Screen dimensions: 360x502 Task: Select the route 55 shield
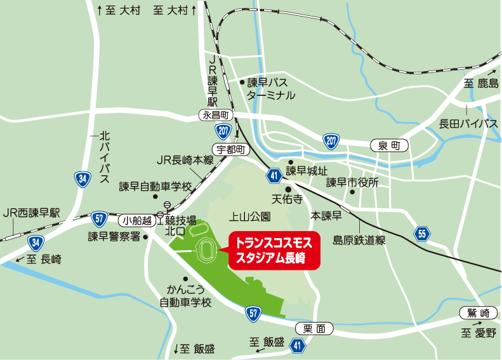(423, 234)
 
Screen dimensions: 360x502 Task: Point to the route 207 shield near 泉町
(331, 140)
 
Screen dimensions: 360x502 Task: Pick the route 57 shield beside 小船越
(98, 219)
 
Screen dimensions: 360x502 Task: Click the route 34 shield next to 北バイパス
(81, 178)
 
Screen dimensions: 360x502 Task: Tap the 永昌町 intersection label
(216, 115)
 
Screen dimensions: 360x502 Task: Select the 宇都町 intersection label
(230, 149)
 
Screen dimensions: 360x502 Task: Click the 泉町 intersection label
(388, 146)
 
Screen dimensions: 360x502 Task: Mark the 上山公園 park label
(250, 217)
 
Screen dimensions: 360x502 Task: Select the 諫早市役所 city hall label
(352, 183)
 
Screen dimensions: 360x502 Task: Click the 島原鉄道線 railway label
(359, 240)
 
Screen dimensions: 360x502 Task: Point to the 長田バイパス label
(468, 123)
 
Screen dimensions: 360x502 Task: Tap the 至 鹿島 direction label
(481, 83)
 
